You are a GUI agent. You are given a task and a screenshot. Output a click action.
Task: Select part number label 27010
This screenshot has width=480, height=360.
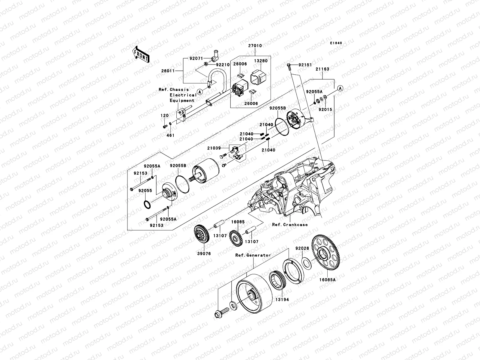255,46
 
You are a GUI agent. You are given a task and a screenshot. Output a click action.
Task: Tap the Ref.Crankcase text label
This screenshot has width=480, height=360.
290,224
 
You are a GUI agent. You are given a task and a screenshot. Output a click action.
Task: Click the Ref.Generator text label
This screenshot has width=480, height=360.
253,255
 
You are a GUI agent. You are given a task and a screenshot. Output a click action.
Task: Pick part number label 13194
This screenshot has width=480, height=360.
283,299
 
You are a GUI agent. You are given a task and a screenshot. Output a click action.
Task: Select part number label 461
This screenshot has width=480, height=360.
171,135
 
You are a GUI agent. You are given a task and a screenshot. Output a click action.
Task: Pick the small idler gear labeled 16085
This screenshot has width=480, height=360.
235,239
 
